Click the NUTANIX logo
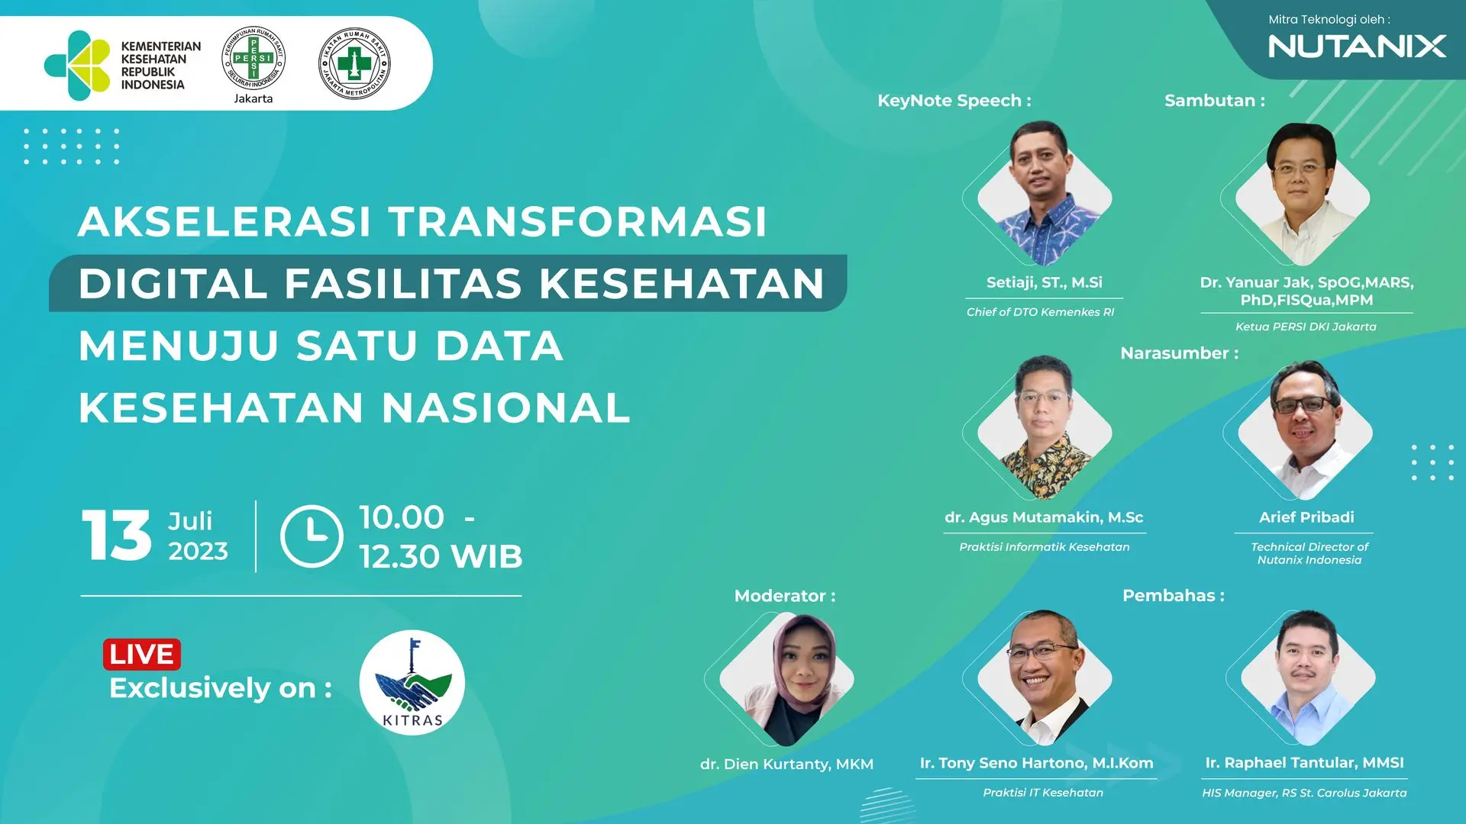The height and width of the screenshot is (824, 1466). click(x=1357, y=47)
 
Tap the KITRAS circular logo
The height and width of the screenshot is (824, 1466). click(x=412, y=682)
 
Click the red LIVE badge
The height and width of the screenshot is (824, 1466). click(x=142, y=654)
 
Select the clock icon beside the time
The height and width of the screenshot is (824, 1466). click(x=312, y=536)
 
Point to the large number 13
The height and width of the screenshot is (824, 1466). click(x=116, y=536)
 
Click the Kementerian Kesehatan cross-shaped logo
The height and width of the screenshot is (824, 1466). click(x=77, y=66)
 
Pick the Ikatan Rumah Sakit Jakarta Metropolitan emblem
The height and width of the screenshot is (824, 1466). click(x=354, y=63)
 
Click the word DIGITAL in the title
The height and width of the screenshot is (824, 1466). click(x=173, y=283)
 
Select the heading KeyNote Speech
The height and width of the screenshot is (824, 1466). click(x=954, y=101)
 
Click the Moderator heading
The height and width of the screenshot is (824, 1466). click(x=785, y=596)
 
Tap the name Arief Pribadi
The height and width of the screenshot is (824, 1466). click(x=1306, y=517)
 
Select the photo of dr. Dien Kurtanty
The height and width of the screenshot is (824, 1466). click(x=787, y=679)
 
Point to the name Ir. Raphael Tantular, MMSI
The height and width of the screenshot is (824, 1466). click(x=1304, y=763)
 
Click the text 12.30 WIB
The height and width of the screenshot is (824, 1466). click(x=441, y=557)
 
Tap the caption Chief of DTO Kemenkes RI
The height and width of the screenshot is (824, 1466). click(x=1040, y=312)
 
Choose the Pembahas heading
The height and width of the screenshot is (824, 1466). click(x=1174, y=596)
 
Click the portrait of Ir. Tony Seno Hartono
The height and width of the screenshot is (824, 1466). click(x=1045, y=678)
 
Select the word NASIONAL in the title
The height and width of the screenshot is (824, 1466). click(x=506, y=407)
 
